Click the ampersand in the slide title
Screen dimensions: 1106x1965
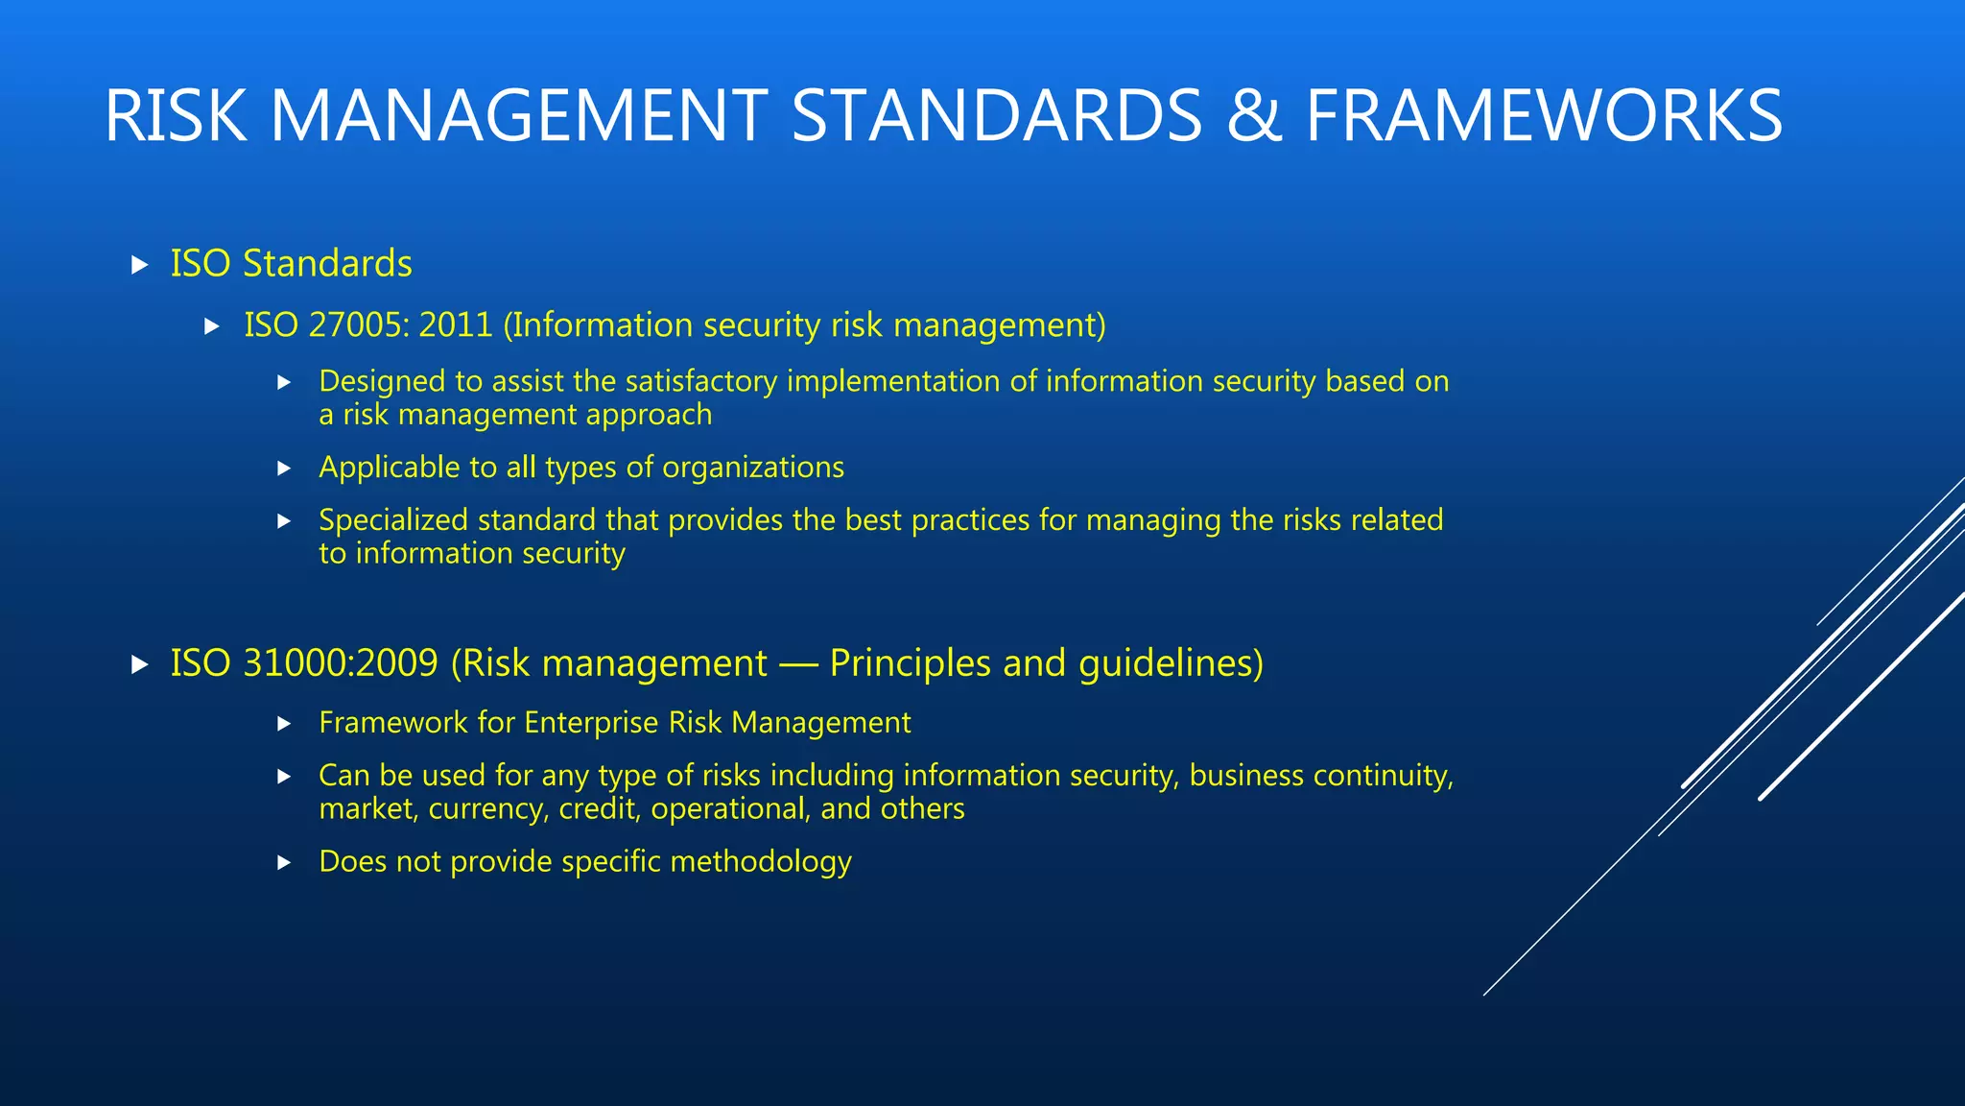pos(1253,116)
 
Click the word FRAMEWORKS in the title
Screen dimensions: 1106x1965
pos(1543,116)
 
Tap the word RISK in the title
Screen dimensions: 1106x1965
pos(176,116)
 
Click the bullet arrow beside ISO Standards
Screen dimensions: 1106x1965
pos(140,265)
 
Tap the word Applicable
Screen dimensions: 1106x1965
pos(389,468)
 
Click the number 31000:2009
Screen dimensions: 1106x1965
pos(341,663)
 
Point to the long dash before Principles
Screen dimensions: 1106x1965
pos(798,664)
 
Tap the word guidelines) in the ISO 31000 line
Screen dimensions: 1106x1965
pos(1171,663)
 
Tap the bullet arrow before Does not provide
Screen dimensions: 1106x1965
pos(284,863)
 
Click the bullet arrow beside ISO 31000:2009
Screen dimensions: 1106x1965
pos(140,664)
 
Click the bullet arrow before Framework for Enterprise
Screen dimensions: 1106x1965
pos(284,724)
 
